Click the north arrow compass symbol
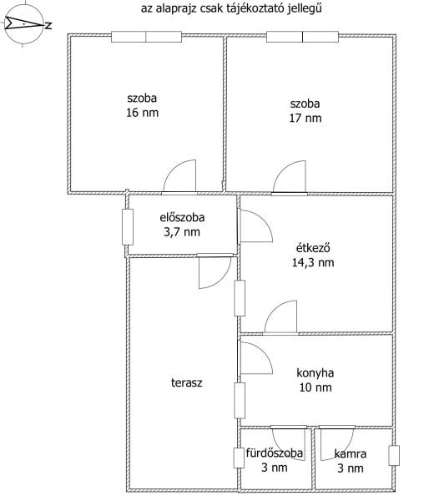[24, 24]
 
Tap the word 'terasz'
[187, 382]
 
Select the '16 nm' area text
[143, 113]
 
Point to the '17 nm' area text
[305, 119]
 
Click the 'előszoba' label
[182, 217]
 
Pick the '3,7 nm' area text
[182, 232]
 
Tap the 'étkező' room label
[313, 248]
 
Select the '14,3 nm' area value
[313, 263]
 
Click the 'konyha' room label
[315, 373]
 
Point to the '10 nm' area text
[315, 387]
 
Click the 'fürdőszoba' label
[275, 453]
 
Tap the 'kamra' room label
[351, 453]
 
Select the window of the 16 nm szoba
[147, 37]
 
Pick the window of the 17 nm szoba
[302, 37]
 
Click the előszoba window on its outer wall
[128, 227]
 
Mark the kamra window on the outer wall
[394, 455]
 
